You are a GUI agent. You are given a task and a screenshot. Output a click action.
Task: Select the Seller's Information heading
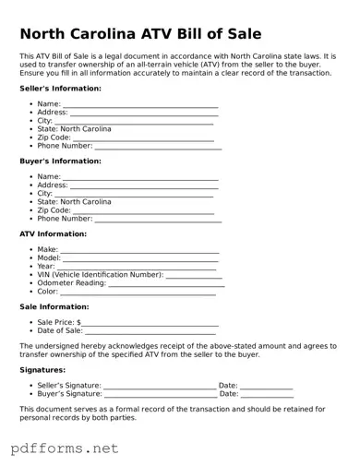click(60, 89)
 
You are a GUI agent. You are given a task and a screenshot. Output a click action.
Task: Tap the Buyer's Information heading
click(60, 161)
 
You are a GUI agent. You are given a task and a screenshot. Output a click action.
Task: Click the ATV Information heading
click(54, 234)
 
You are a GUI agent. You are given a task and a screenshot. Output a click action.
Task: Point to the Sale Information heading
click(54, 307)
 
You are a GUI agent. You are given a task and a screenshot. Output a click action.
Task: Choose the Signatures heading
click(42, 370)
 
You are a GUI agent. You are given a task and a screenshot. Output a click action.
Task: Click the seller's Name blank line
click(140, 105)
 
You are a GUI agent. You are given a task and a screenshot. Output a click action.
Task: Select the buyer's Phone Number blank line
click(158, 220)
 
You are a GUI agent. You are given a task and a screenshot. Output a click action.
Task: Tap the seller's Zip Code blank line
click(143, 137)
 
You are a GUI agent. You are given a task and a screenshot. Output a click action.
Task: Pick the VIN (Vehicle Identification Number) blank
click(194, 275)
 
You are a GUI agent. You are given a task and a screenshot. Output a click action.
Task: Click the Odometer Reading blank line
click(166, 283)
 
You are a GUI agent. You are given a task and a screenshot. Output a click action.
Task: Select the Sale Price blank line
click(150, 323)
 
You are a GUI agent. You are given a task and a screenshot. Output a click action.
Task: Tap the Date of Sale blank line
click(151, 331)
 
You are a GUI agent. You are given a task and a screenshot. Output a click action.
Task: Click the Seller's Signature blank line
click(159, 386)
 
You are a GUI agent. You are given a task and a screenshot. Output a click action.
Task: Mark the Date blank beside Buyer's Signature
click(267, 394)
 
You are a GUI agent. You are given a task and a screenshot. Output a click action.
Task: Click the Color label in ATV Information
click(47, 292)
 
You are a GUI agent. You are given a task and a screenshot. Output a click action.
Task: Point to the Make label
click(47, 250)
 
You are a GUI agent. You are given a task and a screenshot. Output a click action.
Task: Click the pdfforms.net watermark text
click(65, 448)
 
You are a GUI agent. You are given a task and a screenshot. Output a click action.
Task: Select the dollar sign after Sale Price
click(79, 323)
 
